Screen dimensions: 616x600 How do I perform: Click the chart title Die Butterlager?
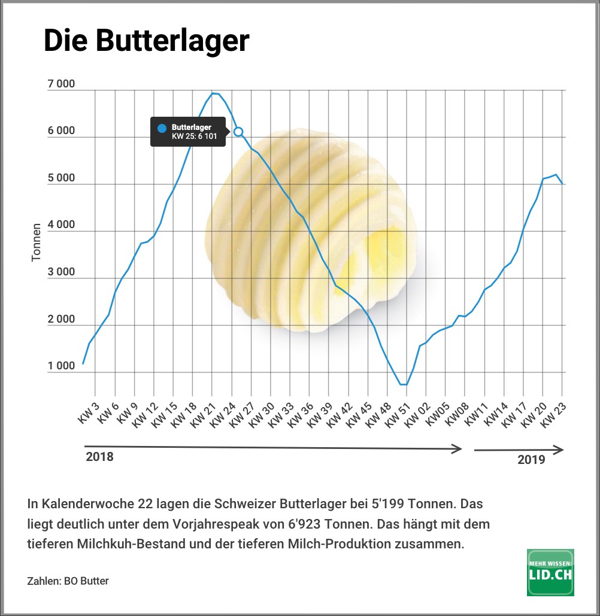tap(146, 41)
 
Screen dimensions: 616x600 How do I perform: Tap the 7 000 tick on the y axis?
tap(61, 84)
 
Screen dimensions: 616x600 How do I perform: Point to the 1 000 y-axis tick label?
tap(61, 366)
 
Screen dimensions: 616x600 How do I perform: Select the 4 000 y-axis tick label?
tap(61, 225)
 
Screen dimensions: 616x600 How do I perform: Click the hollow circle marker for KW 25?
tap(238, 131)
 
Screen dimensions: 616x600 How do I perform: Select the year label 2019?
tap(531, 460)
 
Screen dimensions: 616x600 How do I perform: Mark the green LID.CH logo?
tap(550, 572)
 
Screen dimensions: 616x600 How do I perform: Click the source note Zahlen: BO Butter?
tap(68, 581)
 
